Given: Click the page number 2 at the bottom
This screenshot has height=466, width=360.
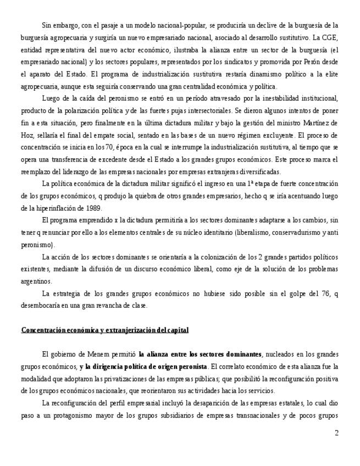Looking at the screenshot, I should point(336,433).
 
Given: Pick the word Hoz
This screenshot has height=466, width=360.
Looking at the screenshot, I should point(28,135).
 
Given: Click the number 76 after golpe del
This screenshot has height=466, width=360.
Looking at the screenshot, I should point(316,294).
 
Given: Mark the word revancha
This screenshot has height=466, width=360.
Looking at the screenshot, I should point(109,306).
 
